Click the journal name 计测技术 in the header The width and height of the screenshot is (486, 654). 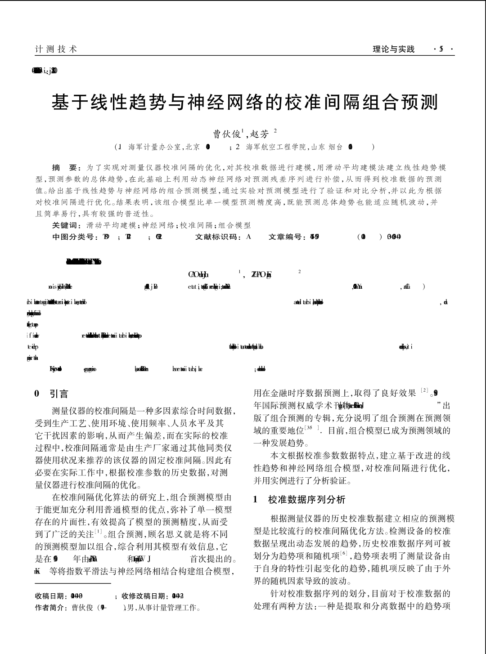click(x=56, y=49)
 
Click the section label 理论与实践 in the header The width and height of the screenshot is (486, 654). click(x=394, y=49)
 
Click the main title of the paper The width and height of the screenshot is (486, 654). click(x=245, y=102)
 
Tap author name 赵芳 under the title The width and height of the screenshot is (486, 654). click(x=260, y=134)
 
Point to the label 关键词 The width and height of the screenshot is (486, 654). click(x=66, y=225)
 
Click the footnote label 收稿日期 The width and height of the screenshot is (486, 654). click(x=50, y=596)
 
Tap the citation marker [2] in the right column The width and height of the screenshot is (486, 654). click(x=424, y=391)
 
